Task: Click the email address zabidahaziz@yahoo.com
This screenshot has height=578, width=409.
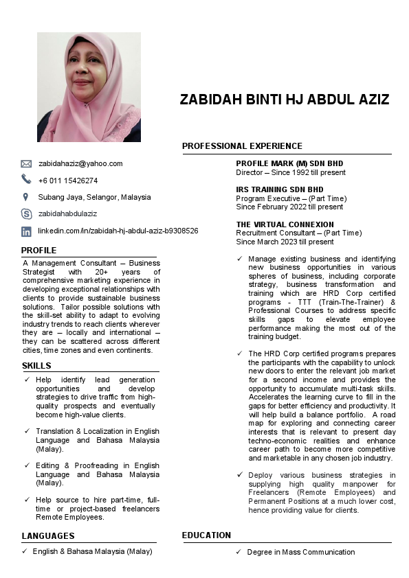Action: point(80,163)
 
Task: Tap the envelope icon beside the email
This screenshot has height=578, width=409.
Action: point(27,164)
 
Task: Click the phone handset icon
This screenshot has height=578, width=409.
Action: point(27,180)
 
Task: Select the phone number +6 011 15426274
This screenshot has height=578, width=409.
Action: point(68,181)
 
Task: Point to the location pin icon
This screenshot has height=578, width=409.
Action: point(27,197)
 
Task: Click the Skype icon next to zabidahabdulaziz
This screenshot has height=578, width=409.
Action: point(27,214)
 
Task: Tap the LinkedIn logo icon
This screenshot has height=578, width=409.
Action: point(27,231)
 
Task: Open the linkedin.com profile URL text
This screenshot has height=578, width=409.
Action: point(118,231)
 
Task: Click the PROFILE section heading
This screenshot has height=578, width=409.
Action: point(38,251)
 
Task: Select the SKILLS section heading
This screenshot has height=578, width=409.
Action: point(36,365)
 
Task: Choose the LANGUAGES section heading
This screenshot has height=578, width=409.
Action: point(48,536)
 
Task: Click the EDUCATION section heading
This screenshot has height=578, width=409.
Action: point(206,535)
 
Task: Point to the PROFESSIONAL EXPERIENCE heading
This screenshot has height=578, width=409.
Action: point(242,146)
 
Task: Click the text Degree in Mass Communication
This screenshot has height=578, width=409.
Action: point(301,553)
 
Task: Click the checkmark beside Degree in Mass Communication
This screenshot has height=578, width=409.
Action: point(239,553)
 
